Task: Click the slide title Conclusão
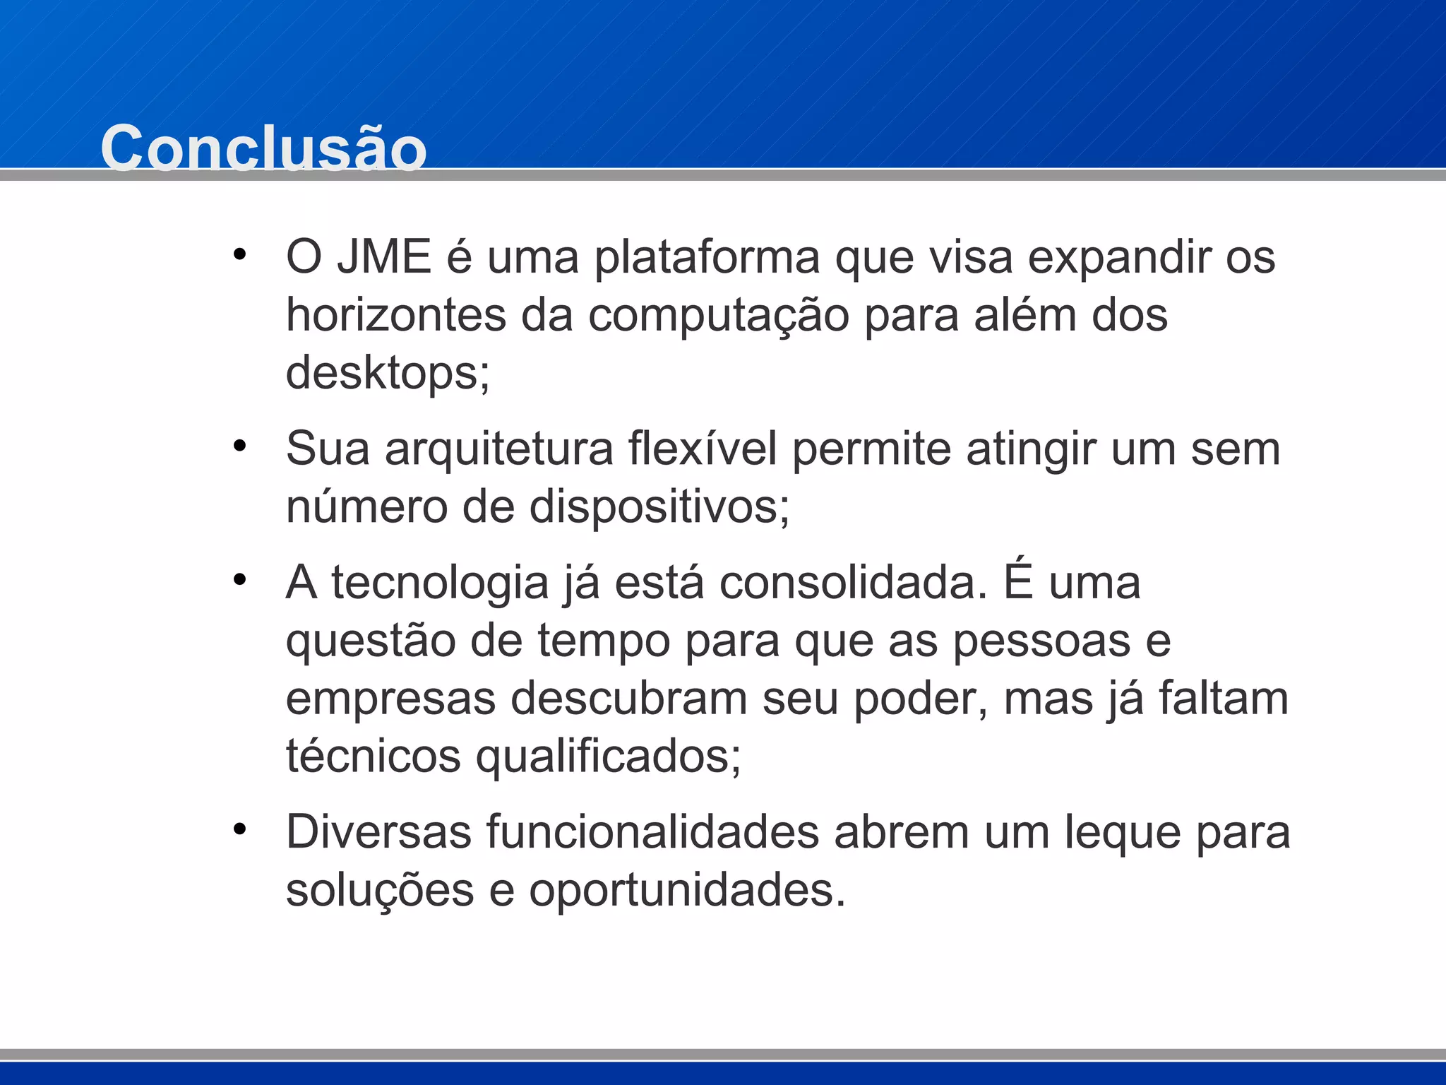click(263, 148)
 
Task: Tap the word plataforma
click(707, 258)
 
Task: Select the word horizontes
click(396, 315)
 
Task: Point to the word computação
click(719, 316)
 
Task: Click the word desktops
click(387, 373)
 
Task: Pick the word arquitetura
click(499, 449)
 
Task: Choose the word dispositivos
click(659, 507)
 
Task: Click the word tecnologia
click(440, 585)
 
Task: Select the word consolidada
click(853, 583)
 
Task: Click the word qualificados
click(608, 757)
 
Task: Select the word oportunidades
click(687, 890)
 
